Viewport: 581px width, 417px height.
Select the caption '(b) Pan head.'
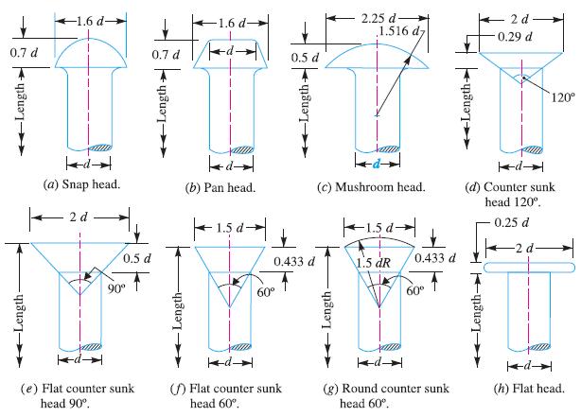[223, 188]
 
